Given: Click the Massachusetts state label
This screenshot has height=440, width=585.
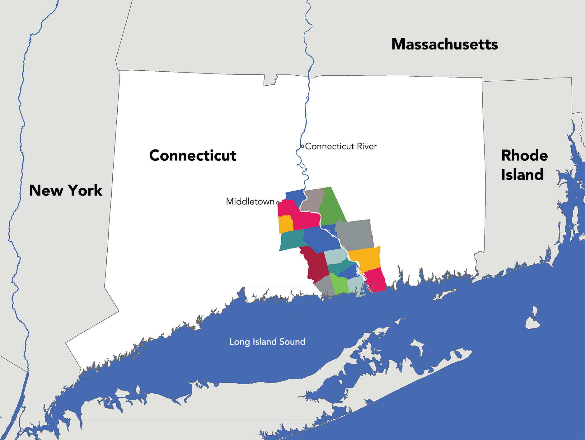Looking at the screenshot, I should (x=445, y=44).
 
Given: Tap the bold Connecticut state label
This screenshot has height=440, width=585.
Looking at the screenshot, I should (x=193, y=155).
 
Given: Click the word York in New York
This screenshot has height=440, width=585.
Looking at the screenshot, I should (x=85, y=191).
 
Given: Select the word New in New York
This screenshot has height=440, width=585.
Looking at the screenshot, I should (x=46, y=191).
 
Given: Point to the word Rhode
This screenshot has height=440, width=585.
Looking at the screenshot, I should (x=524, y=155).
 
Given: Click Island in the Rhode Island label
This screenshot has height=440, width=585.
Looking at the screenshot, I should (x=522, y=174).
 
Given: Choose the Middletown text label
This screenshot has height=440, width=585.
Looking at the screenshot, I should (x=250, y=201).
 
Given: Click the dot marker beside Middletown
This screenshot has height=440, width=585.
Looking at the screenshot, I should (x=278, y=203).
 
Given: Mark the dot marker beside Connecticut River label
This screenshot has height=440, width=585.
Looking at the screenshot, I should (x=302, y=146).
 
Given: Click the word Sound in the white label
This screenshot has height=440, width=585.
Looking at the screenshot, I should (x=292, y=342).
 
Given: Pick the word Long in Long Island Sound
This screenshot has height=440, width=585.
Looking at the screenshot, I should (x=240, y=342).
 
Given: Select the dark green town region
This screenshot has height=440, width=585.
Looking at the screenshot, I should (x=331, y=207).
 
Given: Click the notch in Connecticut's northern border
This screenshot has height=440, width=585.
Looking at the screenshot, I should (x=270, y=80).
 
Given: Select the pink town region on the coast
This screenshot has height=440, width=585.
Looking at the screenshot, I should (x=376, y=280).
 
